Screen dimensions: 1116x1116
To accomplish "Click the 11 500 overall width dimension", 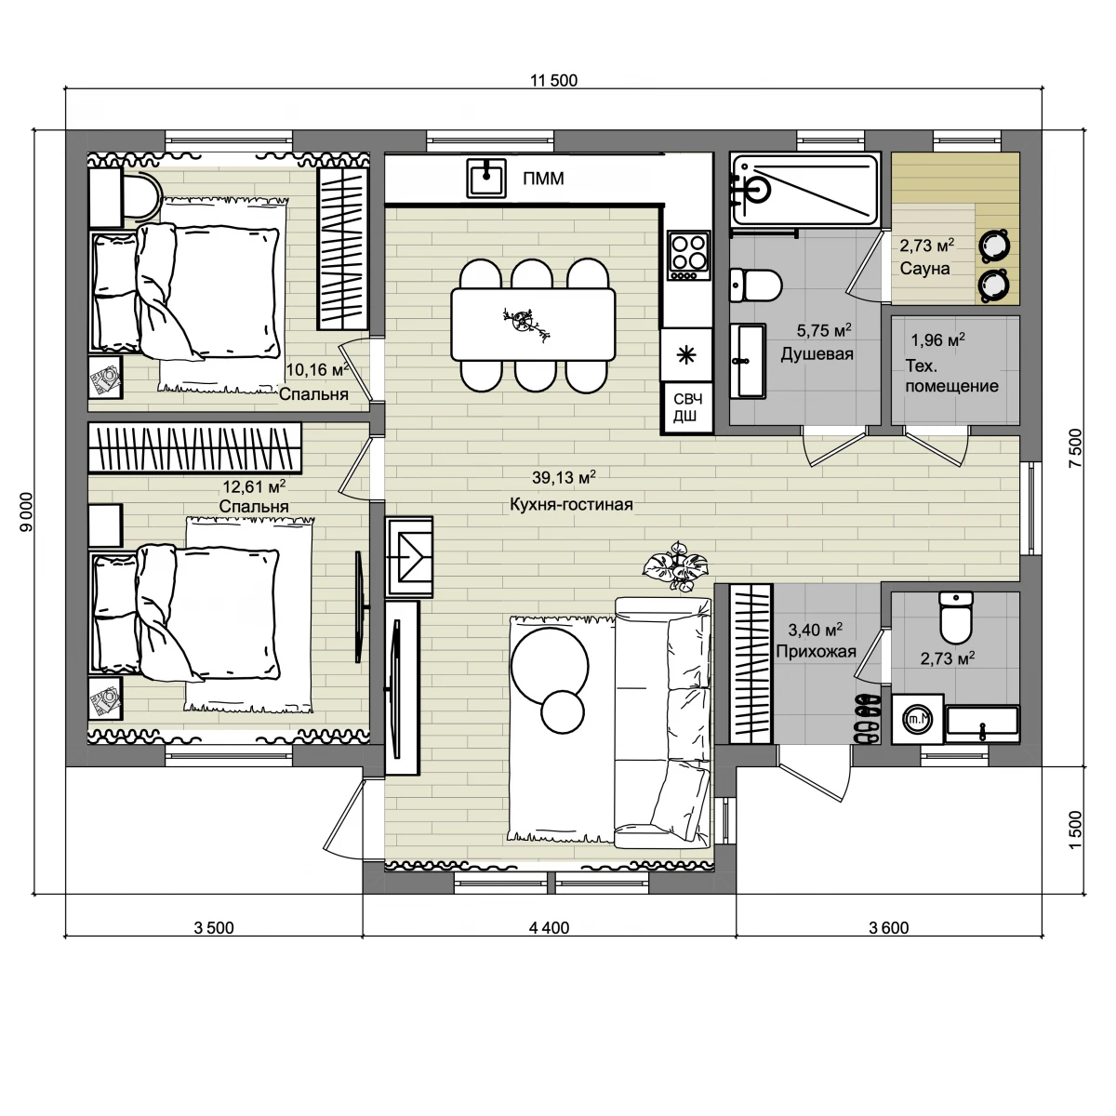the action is click(x=554, y=81).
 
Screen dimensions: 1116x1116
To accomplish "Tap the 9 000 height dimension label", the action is click(x=26, y=511).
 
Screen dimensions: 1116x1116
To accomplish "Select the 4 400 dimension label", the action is click(x=549, y=928).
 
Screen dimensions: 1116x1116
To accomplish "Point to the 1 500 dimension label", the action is click(x=1074, y=830).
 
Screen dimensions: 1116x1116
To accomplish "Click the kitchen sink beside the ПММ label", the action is click(x=486, y=178).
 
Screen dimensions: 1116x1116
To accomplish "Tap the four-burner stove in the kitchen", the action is click(x=688, y=256).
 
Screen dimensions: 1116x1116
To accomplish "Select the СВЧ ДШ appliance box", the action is click(x=687, y=407).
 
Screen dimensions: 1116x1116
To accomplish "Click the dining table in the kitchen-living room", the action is click(x=533, y=325).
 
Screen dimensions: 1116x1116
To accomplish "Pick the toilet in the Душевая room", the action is click(x=755, y=285).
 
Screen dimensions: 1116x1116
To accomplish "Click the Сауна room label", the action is click(x=924, y=269).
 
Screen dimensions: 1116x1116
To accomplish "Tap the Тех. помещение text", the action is click(x=951, y=376).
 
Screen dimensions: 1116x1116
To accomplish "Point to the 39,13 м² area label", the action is click(x=564, y=477).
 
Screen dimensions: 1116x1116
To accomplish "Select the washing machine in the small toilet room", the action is click(x=917, y=719).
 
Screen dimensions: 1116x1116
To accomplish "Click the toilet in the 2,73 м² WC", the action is click(x=956, y=618).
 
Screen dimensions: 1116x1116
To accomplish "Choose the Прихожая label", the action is click(x=816, y=652).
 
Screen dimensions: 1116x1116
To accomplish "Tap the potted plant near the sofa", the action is click(x=676, y=566).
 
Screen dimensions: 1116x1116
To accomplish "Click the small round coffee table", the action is click(x=563, y=711).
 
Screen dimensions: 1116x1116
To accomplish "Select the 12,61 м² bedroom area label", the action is click(x=254, y=485).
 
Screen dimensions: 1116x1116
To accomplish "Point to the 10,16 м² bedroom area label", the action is click(x=317, y=369).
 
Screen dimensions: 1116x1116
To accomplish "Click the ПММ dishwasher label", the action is click(x=543, y=179).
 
